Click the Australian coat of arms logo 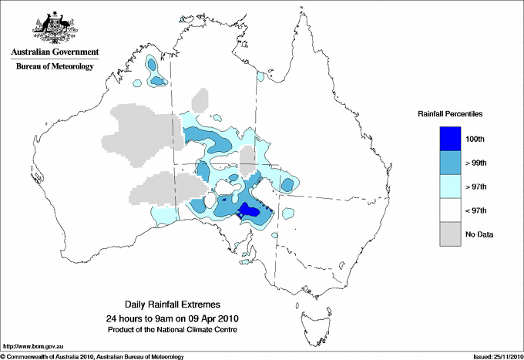[52, 29]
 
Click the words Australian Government [52, 53]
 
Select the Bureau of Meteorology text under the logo [55, 66]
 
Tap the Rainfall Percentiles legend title [450, 113]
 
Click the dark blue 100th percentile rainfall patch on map [250, 210]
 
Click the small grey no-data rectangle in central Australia [247, 163]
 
